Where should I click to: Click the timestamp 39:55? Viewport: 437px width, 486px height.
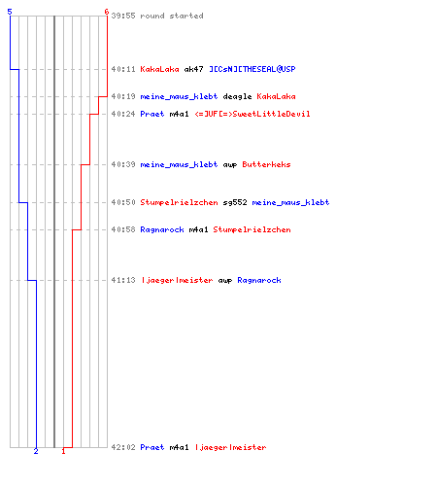(x=123, y=16)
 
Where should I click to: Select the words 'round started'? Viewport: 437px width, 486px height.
(x=172, y=16)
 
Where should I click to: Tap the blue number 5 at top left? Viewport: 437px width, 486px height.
(x=10, y=12)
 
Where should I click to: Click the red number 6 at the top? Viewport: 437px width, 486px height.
(x=106, y=12)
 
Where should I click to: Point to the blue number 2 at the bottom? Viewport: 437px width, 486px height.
(x=36, y=451)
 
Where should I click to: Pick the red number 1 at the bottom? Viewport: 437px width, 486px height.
(x=63, y=451)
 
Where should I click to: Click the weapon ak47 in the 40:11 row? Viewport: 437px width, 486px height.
(x=193, y=69)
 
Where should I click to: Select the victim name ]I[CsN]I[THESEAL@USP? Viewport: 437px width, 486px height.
(x=252, y=69)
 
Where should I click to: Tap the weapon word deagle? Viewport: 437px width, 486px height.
(x=237, y=96)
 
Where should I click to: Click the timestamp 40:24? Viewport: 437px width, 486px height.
(x=123, y=114)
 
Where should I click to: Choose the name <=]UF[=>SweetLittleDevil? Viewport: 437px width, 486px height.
(x=252, y=114)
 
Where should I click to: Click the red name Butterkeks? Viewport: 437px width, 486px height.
(x=266, y=164)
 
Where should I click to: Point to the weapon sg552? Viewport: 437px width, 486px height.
(x=235, y=202)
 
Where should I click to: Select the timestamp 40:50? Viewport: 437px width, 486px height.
(x=123, y=202)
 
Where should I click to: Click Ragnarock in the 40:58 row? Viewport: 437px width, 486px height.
(x=162, y=229)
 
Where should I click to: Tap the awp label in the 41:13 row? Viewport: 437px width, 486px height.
(x=225, y=281)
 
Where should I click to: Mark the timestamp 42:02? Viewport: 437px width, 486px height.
(x=123, y=447)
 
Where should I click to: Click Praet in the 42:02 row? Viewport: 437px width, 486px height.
(x=152, y=447)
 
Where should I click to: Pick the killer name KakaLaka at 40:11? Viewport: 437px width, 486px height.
(x=159, y=69)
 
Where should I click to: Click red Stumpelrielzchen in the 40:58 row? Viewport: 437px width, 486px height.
(x=252, y=229)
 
